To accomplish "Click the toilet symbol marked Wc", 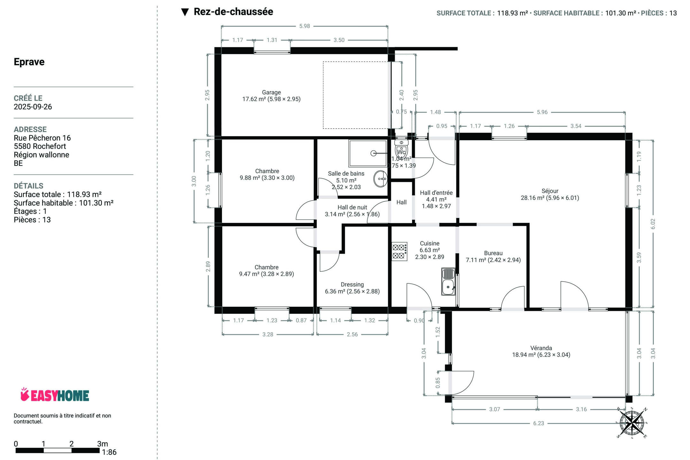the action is pos(401,149).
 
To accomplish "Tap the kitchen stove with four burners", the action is pos(399,251).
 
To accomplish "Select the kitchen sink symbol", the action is pos(448,281).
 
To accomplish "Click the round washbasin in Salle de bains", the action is pos(381,179).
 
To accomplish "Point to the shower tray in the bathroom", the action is pos(368,153).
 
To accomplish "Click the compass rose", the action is pos(632,423).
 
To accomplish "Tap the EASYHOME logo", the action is pos(55,395).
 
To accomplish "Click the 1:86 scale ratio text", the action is pos(109,452).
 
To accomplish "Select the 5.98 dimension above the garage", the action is pos(305,26).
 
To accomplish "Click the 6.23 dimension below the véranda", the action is pos(539,423).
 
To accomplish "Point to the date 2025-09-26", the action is pos(33,107).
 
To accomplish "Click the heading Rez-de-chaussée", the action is pos(233,11).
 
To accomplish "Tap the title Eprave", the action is pos(29,62).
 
